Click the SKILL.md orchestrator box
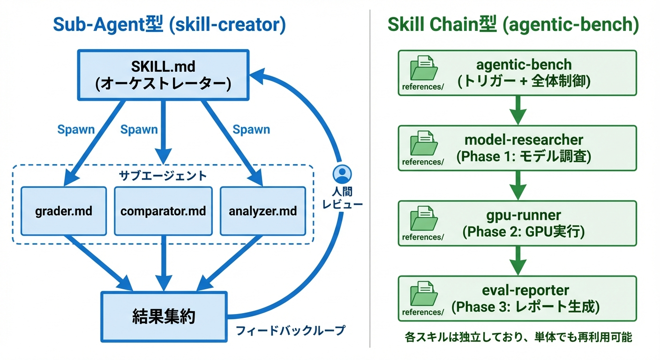click(x=163, y=75)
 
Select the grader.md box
click(x=64, y=211)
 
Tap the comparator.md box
click(x=163, y=211)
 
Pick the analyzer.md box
click(x=262, y=211)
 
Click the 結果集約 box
click(x=163, y=316)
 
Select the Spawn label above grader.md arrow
click(x=76, y=130)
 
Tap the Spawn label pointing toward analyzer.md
click(x=251, y=130)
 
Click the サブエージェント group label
click(x=163, y=176)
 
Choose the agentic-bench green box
click(x=517, y=73)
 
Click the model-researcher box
click(x=517, y=148)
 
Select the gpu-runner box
click(x=517, y=223)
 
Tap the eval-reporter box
click(x=517, y=299)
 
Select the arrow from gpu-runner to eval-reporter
click(x=517, y=261)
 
